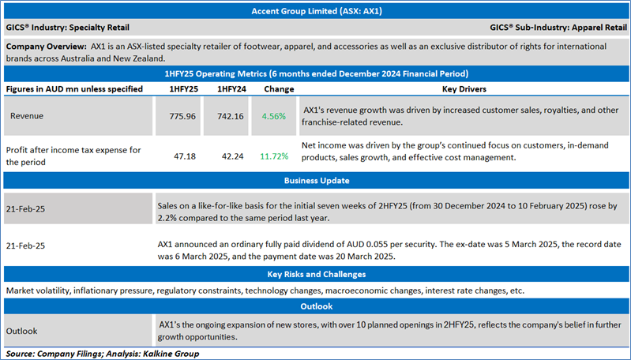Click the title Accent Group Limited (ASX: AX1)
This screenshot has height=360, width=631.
(x=315, y=12)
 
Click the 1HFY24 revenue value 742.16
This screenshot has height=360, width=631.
(x=229, y=116)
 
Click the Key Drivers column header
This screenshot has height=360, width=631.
(x=464, y=89)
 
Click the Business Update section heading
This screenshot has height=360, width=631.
(x=315, y=181)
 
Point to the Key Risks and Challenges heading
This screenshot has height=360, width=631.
(x=315, y=275)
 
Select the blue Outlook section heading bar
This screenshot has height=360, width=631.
(x=315, y=306)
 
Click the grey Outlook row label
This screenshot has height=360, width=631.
(x=24, y=331)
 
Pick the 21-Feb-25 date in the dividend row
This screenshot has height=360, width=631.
(x=26, y=246)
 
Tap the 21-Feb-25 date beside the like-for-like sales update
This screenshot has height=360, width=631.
(x=26, y=207)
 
